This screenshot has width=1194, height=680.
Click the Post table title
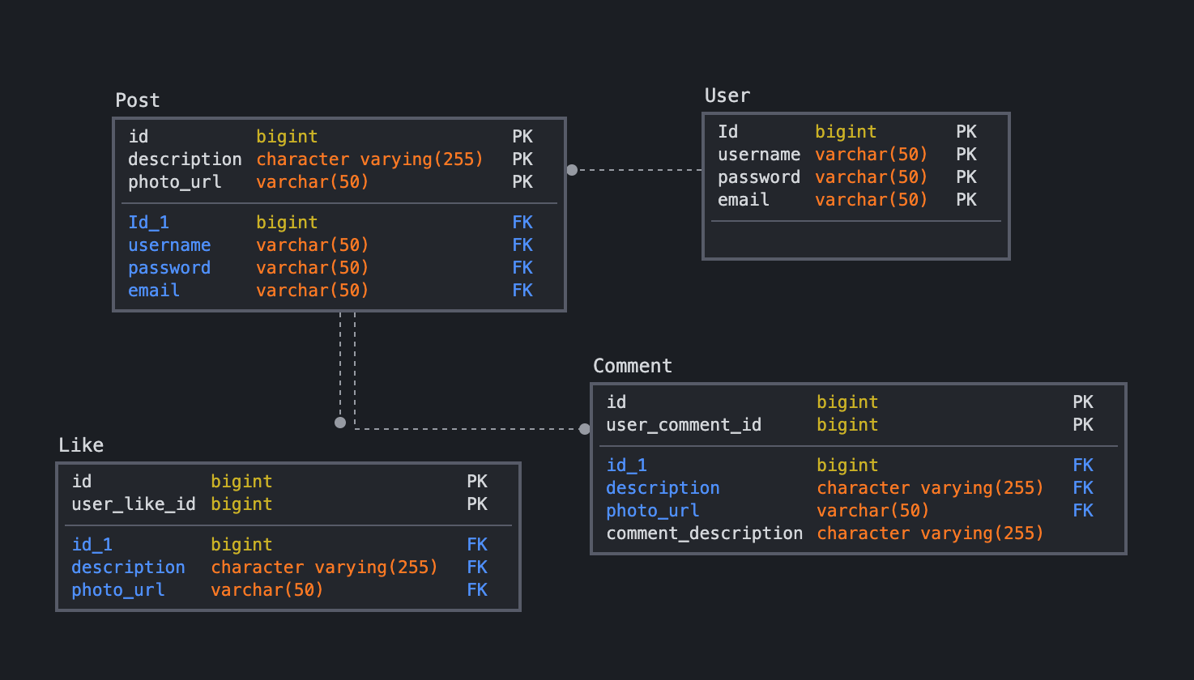(137, 100)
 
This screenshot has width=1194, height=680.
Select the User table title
(727, 96)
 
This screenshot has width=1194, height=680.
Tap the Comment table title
(632, 366)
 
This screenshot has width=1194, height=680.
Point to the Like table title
(81, 445)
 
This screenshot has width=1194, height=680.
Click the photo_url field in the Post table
(174, 182)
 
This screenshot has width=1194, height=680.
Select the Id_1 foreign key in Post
(148, 223)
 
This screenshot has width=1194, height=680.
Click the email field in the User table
(743, 200)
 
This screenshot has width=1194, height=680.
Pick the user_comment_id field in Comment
(684, 425)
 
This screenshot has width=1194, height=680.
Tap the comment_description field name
(704, 533)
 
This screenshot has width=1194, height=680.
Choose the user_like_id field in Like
(133, 504)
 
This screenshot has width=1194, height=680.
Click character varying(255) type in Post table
(369, 159)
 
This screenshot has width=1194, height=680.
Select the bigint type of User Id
(845, 132)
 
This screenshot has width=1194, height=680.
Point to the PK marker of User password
(966, 177)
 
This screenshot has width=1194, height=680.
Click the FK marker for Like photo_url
(476, 590)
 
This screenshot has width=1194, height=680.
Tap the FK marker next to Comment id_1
(1082, 465)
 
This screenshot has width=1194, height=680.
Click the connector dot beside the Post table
(572, 170)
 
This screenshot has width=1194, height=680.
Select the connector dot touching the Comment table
(585, 429)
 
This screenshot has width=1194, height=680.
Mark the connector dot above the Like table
(340, 423)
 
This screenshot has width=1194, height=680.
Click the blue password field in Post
(168, 268)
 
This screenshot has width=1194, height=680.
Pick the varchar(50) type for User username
(871, 155)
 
